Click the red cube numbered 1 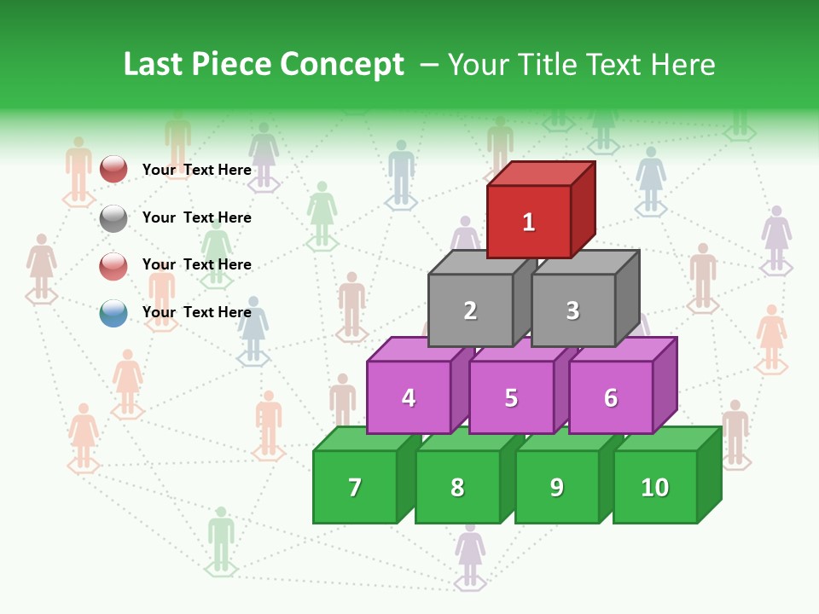click(529, 221)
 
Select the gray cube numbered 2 click(470, 310)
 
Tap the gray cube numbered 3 click(572, 310)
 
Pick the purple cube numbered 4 click(409, 397)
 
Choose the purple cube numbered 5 click(511, 397)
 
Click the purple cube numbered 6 click(611, 397)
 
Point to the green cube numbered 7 click(355, 487)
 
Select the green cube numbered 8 click(457, 487)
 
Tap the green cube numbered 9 click(557, 487)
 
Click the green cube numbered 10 click(655, 487)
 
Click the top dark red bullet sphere click(113, 169)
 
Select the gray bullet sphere click(113, 218)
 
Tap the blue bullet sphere click(113, 314)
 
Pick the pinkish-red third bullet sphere click(113, 266)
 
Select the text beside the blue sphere click(197, 312)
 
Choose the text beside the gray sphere click(197, 217)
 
